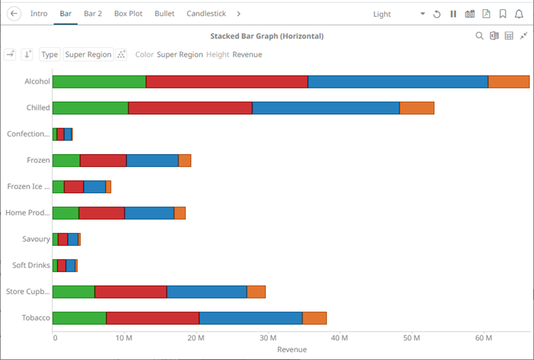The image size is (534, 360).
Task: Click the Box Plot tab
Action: [x=128, y=14]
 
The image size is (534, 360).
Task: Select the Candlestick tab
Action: [x=206, y=14]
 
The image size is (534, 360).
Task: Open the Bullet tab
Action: [x=164, y=14]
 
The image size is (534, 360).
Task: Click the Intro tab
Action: [x=38, y=14]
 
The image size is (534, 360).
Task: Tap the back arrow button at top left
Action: [x=14, y=14]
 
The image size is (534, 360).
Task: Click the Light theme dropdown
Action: [x=399, y=14]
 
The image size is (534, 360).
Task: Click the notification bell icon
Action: [x=518, y=14]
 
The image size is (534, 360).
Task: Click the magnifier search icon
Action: [x=479, y=36]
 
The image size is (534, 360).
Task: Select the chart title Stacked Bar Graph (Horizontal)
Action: [x=267, y=36]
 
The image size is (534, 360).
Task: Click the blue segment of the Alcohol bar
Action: [x=398, y=82]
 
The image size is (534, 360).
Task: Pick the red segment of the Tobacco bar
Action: [x=153, y=318]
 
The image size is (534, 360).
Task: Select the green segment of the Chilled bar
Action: [x=90, y=108]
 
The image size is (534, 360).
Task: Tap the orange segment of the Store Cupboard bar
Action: [x=256, y=292]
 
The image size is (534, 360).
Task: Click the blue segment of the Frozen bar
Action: [x=152, y=161]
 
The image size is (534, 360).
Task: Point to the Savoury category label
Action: [x=36, y=239]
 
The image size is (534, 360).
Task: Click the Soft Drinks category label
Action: [x=31, y=265]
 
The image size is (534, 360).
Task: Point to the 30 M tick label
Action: [x=268, y=338]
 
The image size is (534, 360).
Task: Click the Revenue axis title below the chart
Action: [x=292, y=350]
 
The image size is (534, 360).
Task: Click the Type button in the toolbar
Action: [x=49, y=55]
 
